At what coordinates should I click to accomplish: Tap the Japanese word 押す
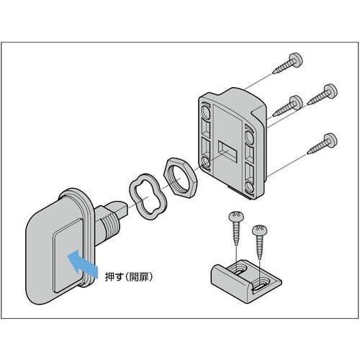(x=114, y=276)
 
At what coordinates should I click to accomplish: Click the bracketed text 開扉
(x=139, y=276)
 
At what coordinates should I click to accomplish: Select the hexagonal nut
(x=180, y=178)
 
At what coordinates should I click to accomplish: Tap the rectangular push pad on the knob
(x=67, y=256)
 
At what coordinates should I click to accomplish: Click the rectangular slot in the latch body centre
(x=228, y=150)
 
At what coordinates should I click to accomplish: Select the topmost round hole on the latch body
(x=205, y=112)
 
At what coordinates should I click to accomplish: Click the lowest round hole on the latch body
(x=249, y=187)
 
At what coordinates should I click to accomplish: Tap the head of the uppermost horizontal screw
(x=295, y=60)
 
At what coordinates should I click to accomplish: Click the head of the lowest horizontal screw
(x=330, y=140)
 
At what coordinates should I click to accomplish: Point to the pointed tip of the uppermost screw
(x=274, y=72)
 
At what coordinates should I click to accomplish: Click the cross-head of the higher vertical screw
(x=236, y=217)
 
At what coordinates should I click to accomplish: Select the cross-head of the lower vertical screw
(x=260, y=230)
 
